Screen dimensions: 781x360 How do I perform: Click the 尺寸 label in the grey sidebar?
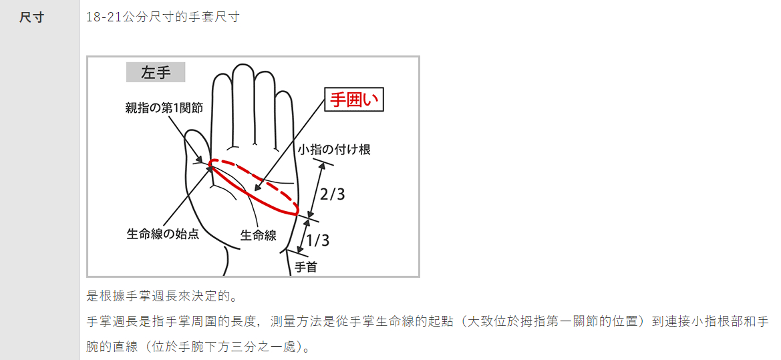click(32, 18)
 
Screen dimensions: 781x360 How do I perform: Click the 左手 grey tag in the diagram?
click(156, 72)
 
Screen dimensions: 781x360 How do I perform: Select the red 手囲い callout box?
click(354, 100)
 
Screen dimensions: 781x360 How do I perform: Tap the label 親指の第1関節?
click(164, 108)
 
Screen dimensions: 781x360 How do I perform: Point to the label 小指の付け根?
click(334, 149)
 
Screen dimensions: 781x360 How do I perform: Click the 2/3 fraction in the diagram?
click(332, 194)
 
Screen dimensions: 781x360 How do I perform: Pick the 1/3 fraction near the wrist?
click(318, 240)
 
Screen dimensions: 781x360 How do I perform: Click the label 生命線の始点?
click(163, 234)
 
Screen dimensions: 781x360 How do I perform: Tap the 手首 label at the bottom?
click(306, 267)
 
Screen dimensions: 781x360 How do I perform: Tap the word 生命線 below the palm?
click(259, 234)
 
